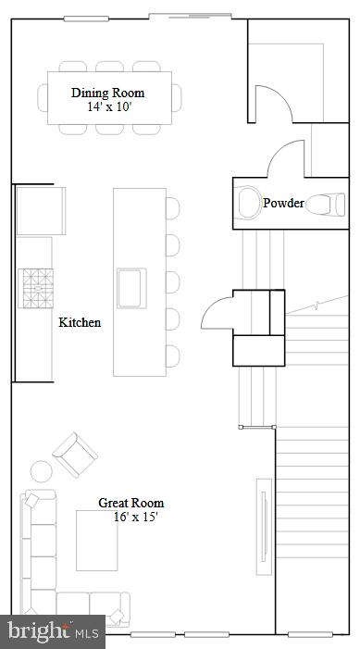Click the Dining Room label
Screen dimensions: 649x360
(108, 93)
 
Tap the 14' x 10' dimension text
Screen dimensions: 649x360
(108, 106)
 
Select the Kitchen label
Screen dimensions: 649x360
(80, 322)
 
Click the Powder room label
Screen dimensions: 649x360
(282, 203)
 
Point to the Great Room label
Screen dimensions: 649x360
(131, 503)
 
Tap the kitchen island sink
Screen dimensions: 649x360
(130, 286)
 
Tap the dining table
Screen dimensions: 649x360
(108, 98)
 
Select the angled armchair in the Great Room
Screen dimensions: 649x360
(75, 455)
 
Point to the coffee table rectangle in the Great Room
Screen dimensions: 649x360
(97, 541)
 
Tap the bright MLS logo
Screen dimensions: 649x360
(53, 632)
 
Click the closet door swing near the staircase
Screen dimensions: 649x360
(218, 312)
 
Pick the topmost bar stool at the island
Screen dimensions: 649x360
(173, 208)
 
